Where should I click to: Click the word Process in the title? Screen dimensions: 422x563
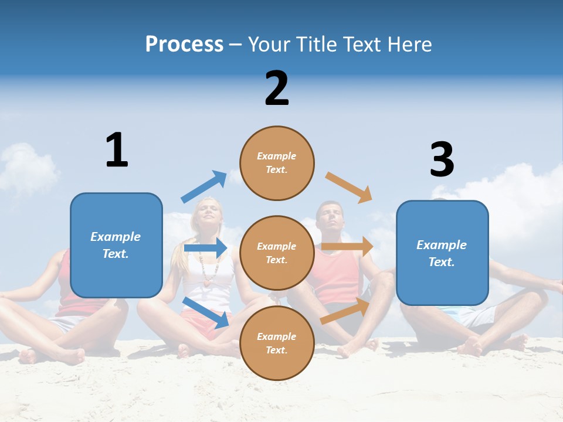click(184, 44)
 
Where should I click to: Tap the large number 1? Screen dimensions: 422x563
click(117, 150)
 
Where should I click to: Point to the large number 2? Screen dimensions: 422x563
click(277, 89)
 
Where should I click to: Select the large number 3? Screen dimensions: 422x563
click(442, 159)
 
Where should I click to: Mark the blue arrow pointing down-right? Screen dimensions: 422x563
click(206, 312)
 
